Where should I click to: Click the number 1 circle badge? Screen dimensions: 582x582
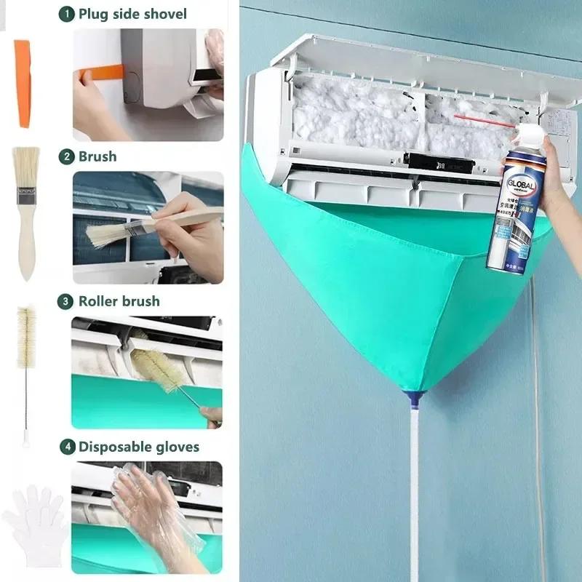pos(67,14)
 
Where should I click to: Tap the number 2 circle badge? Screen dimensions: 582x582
pos(67,156)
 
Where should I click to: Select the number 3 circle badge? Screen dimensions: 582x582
pos(67,301)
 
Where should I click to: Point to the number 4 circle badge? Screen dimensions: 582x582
pos(67,447)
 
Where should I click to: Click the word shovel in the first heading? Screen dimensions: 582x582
pos(164,14)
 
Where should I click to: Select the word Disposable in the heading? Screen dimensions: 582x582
pos(113,447)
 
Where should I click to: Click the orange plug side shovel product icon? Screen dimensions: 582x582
pos(23,83)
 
